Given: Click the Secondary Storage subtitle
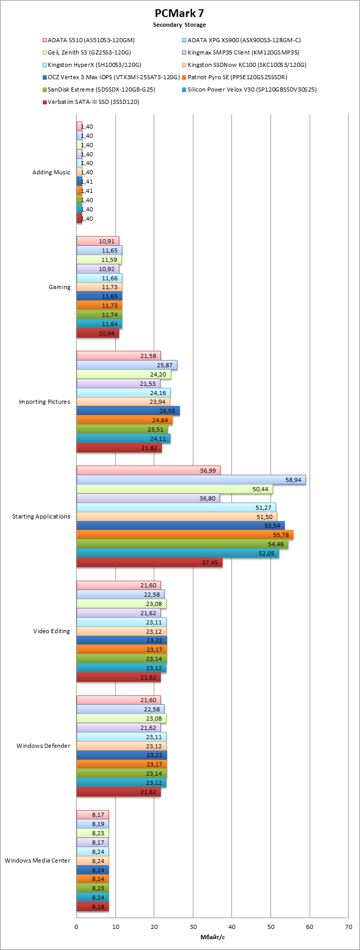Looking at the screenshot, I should (179, 25).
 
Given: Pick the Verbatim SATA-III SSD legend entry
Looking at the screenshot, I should (93, 102).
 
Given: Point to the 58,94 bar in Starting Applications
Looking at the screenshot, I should (191, 479).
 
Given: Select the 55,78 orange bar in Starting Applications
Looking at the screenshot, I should (185, 535).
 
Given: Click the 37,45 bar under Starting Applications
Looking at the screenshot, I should (149, 563).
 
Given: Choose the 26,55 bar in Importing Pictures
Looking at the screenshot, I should (128, 411).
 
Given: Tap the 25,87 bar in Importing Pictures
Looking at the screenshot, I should (127, 365).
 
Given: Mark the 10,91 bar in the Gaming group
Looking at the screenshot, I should (98, 241).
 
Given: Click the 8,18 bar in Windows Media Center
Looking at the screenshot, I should (93, 906).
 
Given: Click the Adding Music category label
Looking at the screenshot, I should (51, 172).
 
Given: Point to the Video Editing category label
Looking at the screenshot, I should (51, 631).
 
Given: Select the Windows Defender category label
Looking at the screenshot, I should (43, 746).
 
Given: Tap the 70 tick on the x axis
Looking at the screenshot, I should (348, 927).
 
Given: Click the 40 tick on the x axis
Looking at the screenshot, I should (232, 927).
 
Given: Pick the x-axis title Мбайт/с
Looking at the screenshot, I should (212, 937).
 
